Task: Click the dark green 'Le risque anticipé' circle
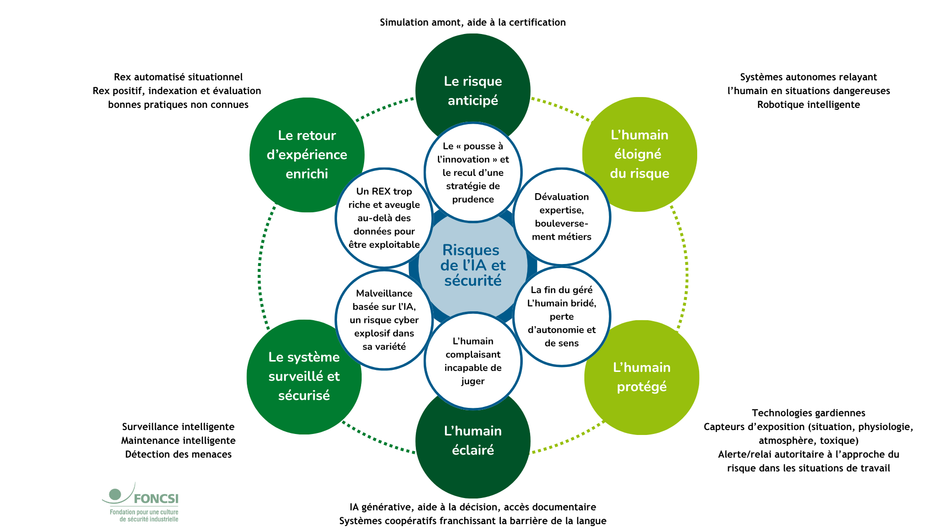tap(473, 74)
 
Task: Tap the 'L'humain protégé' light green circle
tap(642, 377)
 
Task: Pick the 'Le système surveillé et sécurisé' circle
tap(304, 376)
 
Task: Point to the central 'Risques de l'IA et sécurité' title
tap(473, 266)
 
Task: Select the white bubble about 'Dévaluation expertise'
tap(562, 217)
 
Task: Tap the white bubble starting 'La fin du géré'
tap(562, 316)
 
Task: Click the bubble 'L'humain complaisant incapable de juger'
tap(473, 361)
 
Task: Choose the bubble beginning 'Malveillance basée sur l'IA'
tap(384, 320)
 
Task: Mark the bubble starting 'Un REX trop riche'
tap(384, 218)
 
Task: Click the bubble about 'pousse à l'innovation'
tap(473, 172)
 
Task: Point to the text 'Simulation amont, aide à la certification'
tap(473, 22)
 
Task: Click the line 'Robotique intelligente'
tap(808, 104)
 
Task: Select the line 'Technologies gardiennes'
tap(808, 413)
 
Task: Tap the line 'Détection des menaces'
tap(178, 454)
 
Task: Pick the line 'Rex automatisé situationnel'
tap(178, 77)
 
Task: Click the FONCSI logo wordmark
tap(156, 499)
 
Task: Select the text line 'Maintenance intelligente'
tap(178, 440)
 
